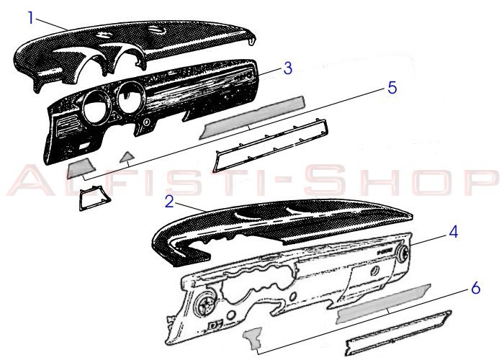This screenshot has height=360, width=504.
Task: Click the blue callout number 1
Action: tap(31, 18)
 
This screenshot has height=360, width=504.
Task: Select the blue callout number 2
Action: tap(169, 202)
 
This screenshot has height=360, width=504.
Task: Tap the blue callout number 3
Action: tap(288, 68)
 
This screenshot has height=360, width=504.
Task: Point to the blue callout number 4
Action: tap(453, 232)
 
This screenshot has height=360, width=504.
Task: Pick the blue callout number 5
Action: tap(392, 88)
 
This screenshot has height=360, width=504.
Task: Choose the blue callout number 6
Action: tap(476, 288)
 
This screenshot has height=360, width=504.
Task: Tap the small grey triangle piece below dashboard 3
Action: tap(127, 157)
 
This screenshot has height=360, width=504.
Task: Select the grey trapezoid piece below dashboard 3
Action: tap(81, 168)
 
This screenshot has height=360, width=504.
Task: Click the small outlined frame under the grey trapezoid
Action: tap(94, 198)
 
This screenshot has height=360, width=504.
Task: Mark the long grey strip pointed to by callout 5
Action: tap(252, 117)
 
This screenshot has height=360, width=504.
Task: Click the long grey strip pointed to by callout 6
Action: tap(383, 304)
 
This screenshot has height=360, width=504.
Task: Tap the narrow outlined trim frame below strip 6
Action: tap(399, 333)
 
